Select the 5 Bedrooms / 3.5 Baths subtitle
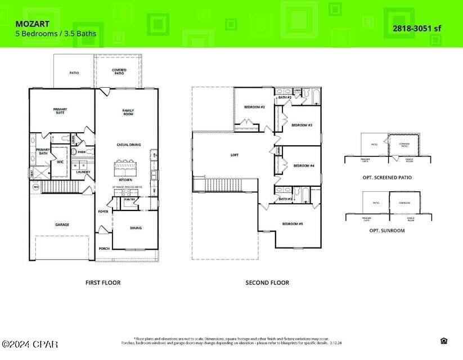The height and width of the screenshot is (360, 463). click(x=55, y=34)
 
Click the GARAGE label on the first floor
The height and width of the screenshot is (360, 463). click(x=62, y=224)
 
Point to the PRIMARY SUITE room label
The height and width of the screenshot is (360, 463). click(x=60, y=111)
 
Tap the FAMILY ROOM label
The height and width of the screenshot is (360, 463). click(x=128, y=112)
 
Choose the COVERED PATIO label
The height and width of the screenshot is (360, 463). click(x=119, y=71)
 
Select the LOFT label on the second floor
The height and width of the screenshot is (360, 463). click(x=235, y=155)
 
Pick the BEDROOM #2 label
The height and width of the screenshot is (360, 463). click(x=254, y=107)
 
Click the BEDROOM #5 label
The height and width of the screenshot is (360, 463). click(x=293, y=224)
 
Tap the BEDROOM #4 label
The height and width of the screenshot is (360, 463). click(x=303, y=165)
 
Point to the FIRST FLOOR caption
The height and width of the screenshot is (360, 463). click(x=102, y=282)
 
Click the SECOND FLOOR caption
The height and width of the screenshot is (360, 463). click(x=267, y=282)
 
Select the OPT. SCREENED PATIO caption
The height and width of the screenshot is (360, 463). click(x=387, y=177)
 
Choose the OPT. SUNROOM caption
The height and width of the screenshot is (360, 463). click(x=387, y=231)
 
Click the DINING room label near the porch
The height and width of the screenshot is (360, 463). click(x=136, y=228)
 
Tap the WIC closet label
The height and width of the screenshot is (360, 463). click(x=60, y=161)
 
